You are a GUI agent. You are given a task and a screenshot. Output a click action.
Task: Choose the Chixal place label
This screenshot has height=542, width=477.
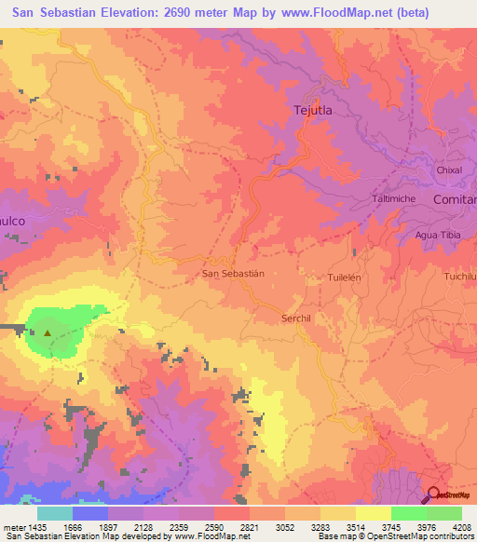[x=449, y=170]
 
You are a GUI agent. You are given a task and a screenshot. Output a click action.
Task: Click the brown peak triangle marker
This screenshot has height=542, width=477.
[x=48, y=331]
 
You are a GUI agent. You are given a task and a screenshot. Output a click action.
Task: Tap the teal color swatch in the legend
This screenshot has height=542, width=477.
[x=55, y=513]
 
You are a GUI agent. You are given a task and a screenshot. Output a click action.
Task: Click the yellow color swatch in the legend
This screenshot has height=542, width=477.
[x=374, y=513]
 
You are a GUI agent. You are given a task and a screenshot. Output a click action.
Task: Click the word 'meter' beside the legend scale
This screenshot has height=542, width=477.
[x=10, y=527]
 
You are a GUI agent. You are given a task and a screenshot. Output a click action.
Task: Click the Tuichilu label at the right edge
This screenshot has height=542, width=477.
[x=460, y=278]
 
